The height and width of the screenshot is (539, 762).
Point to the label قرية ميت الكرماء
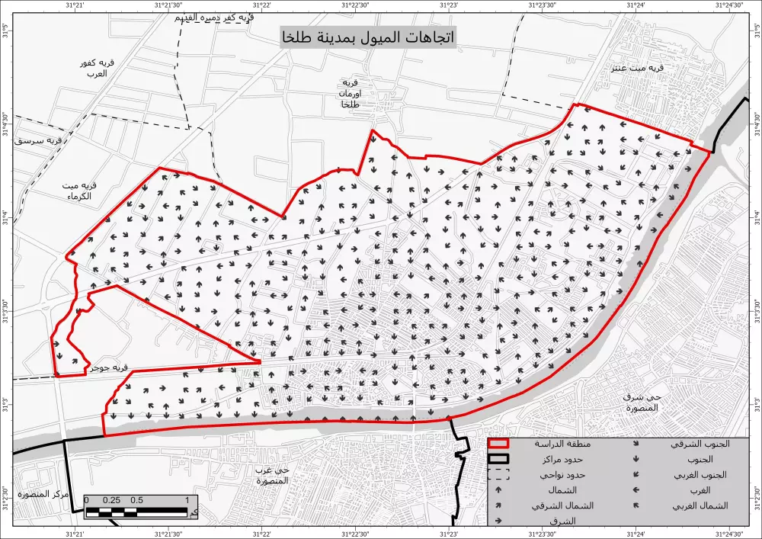(x=78, y=191)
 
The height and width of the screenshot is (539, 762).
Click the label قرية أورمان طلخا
(x=350, y=93)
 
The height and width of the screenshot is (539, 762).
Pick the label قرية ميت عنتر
(x=641, y=68)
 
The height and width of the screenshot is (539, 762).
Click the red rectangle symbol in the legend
(x=499, y=444)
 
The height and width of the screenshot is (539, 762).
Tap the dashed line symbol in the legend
(x=499, y=474)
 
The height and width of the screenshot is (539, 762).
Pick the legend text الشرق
(x=562, y=521)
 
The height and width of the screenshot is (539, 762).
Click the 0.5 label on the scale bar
(x=136, y=500)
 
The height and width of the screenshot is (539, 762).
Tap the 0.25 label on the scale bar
(x=111, y=500)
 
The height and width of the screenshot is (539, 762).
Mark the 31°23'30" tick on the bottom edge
(x=542, y=534)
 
